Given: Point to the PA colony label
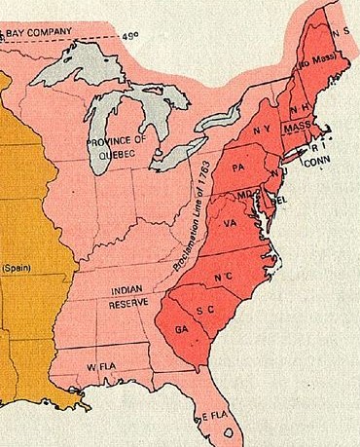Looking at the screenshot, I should point(239,167).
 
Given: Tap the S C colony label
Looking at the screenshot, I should point(204,310).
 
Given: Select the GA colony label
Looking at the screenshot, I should point(181,330).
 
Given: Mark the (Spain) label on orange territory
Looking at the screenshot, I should point(17,267).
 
